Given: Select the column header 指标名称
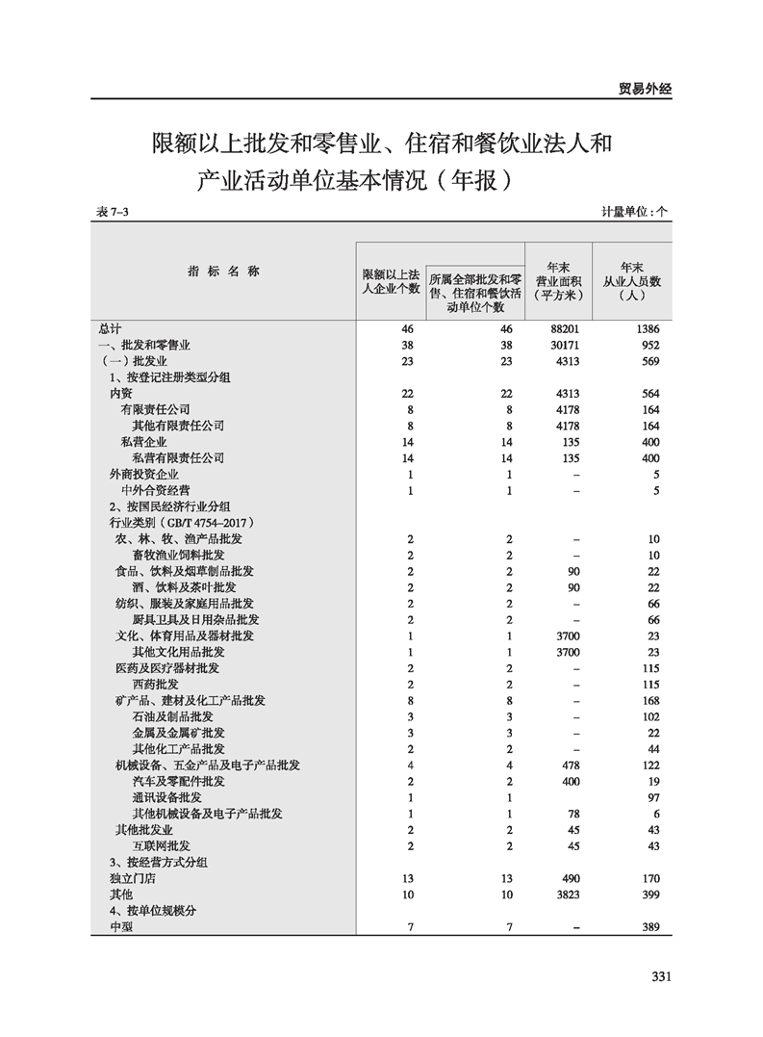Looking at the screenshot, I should (223, 272).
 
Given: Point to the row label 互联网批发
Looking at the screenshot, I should (161, 845).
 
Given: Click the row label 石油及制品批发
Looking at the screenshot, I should (172, 716).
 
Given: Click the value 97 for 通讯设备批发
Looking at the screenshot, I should (652, 797).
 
